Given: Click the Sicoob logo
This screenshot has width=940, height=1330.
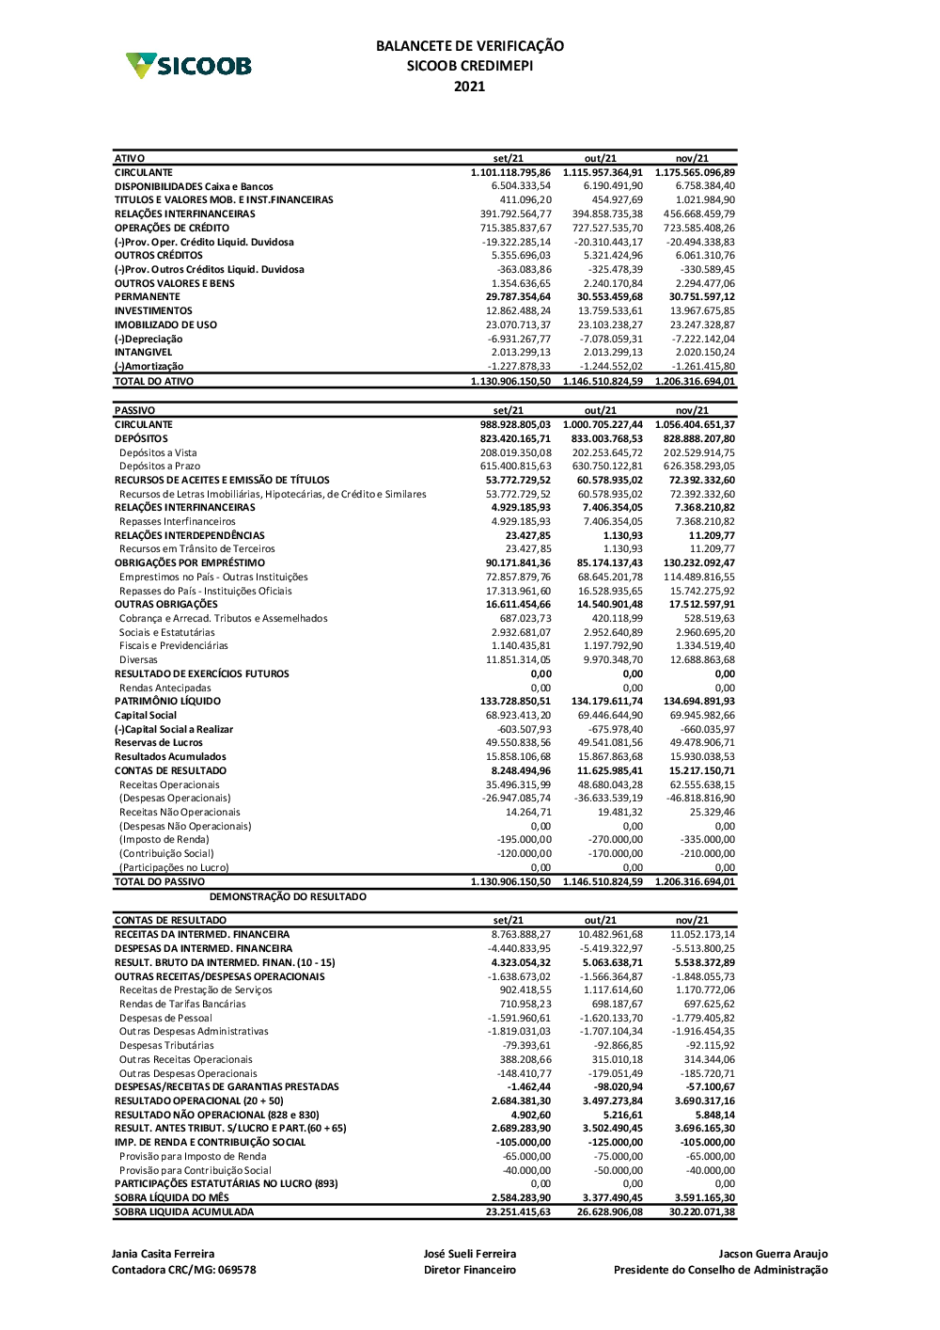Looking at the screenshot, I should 189,66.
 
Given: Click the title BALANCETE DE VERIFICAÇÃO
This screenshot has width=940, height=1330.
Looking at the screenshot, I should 470,45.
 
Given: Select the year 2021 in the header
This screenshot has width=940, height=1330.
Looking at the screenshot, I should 470,87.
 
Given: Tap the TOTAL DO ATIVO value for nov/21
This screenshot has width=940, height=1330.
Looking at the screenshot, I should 695,382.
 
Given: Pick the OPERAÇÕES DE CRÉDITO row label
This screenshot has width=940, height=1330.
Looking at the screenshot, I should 172,228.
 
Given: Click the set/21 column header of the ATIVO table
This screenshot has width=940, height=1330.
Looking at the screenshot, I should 509,159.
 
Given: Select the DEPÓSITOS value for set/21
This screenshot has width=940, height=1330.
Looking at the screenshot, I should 515,438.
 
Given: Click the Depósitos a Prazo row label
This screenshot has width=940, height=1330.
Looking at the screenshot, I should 160,467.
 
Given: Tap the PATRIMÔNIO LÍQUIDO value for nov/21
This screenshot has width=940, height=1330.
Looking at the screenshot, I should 698,702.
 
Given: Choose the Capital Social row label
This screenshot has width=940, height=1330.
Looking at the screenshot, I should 146,716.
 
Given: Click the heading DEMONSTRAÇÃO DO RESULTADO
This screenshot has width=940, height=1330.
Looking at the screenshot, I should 288,897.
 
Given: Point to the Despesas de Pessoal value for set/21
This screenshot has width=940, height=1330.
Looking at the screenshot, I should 519,1018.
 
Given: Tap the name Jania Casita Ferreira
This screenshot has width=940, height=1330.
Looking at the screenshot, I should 163,1254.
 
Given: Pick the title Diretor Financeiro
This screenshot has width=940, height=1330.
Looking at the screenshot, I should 470,1271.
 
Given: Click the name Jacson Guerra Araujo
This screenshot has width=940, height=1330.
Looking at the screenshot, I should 773,1254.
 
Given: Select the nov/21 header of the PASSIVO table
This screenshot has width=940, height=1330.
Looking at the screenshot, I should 692,411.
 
